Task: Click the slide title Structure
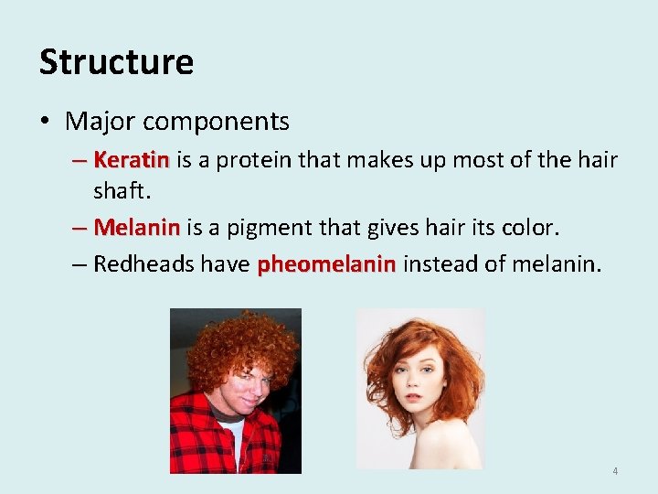click(x=116, y=62)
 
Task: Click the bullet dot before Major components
click(x=46, y=122)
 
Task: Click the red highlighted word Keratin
click(x=132, y=161)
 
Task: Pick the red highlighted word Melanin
click(x=137, y=226)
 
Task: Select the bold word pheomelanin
click(x=326, y=264)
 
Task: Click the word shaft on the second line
click(x=117, y=190)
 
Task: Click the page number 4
click(x=615, y=471)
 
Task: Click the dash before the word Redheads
click(x=80, y=264)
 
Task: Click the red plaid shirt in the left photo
click(x=196, y=439)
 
